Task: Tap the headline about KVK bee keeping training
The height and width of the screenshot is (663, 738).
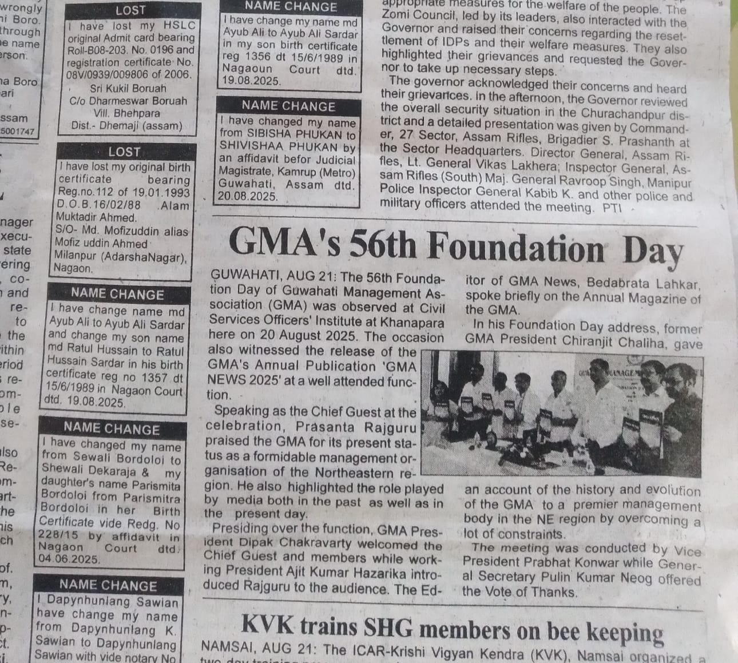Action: pyautogui.click(x=452, y=628)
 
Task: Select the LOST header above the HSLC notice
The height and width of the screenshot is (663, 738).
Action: pyautogui.click(x=130, y=10)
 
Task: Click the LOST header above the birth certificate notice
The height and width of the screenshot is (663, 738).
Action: pyautogui.click(x=124, y=152)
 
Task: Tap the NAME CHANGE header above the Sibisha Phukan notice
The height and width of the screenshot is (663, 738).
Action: pyautogui.click(x=288, y=106)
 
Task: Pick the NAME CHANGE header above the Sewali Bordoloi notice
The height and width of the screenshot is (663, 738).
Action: pyautogui.click(x=112, y=429)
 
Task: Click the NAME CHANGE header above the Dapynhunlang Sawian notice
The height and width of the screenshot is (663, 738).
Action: pyautogui.click(x=108, y=585)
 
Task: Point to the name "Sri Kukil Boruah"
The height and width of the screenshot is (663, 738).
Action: pyautogui.click(x=128, y=88)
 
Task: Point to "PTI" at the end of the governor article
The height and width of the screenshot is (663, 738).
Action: pyautogui.click(x=612, y=208)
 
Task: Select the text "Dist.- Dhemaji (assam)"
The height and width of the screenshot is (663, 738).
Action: pyautogui.click(x=126, y=126)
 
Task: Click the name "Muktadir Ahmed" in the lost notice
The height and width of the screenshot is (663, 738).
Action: pyautogui.click(x=97, y=217)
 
